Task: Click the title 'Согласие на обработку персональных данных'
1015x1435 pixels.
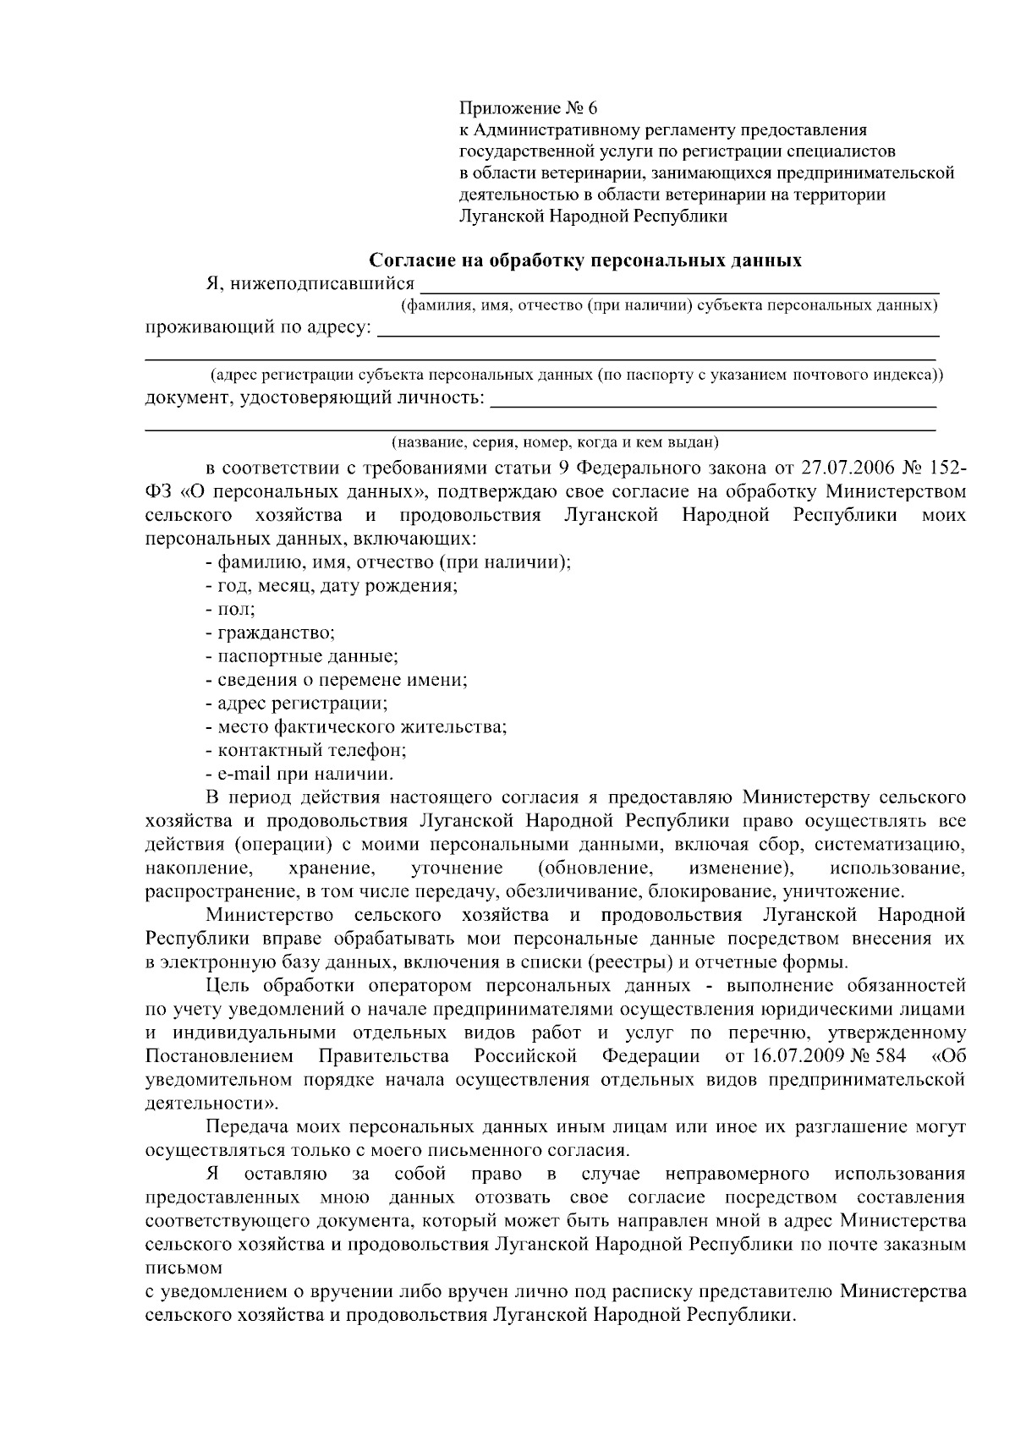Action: (x=587, y=260)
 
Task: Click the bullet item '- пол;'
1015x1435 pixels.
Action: (x=230, y=609)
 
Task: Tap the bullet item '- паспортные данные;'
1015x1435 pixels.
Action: (x=302, y=656)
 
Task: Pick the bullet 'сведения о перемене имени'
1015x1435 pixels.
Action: (x=337, y=680)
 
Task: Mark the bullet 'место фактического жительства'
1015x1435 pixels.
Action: (x=356, y=726)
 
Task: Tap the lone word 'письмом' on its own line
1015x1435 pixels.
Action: (x=184, y=1268)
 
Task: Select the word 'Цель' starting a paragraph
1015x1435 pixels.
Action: (x=226, y=986)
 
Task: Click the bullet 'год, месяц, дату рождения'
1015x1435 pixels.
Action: (x=332, y=585)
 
